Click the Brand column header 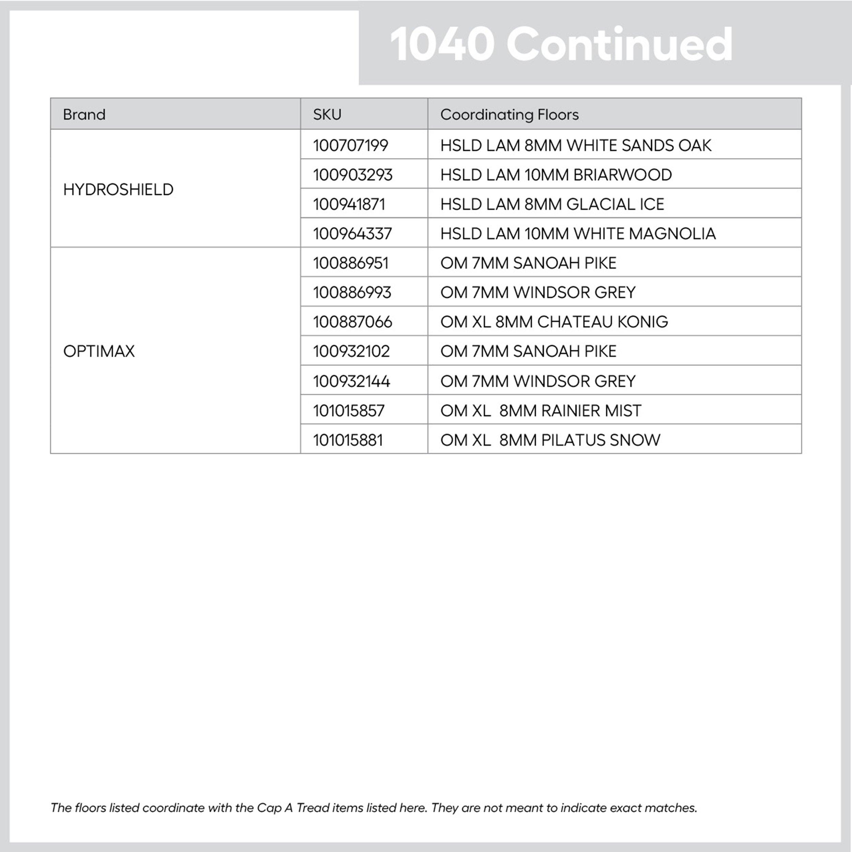84,115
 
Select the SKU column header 327,115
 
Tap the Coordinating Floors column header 509,115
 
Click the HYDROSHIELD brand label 118,189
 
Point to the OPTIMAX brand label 99,351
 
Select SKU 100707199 351,146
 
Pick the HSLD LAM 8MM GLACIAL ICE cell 552,204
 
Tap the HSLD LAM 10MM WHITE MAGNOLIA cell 578,234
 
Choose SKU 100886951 351,263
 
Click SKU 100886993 352,292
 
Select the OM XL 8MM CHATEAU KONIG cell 554,322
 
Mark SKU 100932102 351,351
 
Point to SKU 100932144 351,381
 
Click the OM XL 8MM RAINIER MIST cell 541,411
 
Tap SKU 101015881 348,440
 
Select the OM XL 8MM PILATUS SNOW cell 550,440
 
